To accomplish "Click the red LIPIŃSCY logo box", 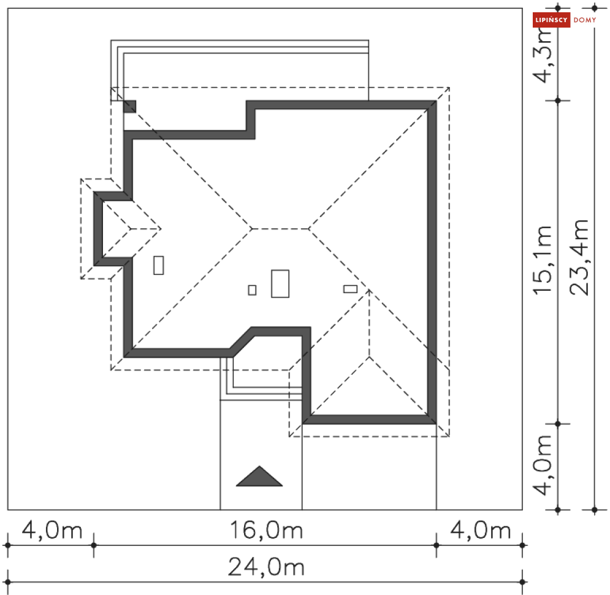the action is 551,20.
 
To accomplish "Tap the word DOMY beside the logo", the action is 585,20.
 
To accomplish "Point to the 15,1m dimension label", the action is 543,260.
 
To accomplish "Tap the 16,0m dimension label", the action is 266,530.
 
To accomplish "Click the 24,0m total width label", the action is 266,567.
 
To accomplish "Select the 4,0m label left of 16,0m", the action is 52,530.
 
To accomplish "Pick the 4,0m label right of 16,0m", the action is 481,530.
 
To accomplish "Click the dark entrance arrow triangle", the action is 259,477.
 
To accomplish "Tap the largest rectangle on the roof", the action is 280,283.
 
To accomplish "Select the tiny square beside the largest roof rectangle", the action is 252,290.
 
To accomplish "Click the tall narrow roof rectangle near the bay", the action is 159,265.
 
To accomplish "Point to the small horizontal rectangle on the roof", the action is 351,289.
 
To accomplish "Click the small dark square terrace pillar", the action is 129,107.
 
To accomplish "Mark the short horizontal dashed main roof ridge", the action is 281,229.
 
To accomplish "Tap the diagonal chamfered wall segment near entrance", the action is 242,342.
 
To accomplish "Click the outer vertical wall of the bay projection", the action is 99,229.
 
